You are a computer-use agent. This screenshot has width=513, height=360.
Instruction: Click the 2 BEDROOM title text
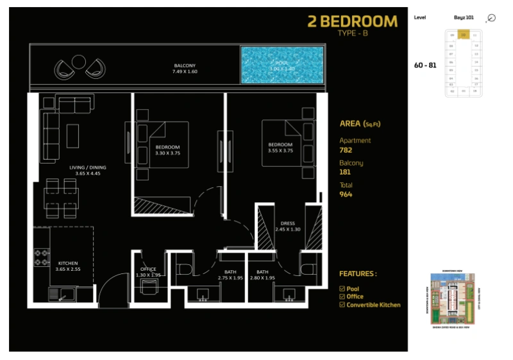coord(353,21)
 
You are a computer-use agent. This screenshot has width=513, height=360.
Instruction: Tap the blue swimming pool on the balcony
coord(282,65)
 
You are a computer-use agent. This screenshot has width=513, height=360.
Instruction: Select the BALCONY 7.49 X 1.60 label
coord(184,69)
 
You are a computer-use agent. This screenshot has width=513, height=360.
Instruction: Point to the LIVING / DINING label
coord(88,171)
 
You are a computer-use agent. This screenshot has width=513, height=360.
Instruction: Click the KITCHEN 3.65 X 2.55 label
coord(67,266)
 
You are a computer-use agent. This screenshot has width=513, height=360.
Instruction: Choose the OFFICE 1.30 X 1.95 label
coord(148,272)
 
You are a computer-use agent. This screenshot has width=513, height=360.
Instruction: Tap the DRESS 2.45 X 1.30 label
coord(287,227)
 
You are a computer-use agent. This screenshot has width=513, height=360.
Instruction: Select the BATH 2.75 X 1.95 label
coord(230,275)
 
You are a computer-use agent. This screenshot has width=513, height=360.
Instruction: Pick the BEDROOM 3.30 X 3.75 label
coord(167,151)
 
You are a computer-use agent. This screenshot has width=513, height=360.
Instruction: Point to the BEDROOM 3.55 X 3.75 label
coord(280,148)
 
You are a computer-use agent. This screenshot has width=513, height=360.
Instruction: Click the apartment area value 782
coord(346,150)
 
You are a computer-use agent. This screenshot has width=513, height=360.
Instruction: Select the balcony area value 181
coord(345,172)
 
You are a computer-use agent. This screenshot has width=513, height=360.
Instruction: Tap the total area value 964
coord(346,194)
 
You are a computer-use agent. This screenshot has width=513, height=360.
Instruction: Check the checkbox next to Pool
coord(342,289)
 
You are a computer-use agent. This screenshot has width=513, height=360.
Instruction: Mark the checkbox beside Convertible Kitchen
coord(342,305)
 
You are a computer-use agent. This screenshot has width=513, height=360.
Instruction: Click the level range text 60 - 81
coord(425,65)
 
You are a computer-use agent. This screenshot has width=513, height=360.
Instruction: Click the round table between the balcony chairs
coord(79,61)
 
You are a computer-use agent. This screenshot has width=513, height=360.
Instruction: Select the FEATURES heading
coord(358,274)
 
